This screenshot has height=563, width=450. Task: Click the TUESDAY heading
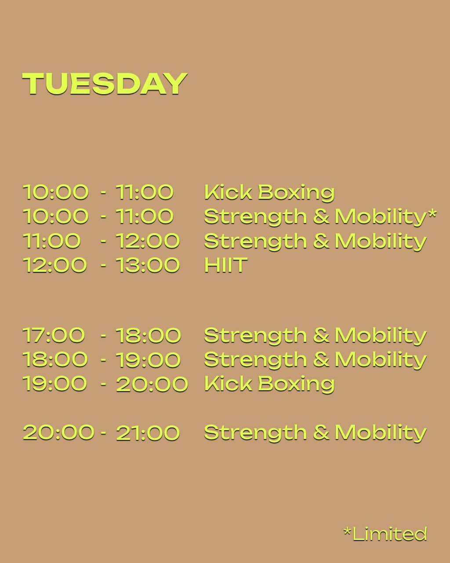coord(105,84)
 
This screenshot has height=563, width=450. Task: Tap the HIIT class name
coord(225,265)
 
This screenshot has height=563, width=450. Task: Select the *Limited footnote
coord(385,534)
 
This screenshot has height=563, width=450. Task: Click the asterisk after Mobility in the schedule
coord(431,214)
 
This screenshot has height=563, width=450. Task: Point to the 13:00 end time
coord(148,265)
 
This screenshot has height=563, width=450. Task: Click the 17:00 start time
coord(54,335)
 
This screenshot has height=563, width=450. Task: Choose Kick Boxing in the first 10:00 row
coord(269,192)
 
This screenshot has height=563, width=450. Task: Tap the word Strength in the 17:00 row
coord(255,336)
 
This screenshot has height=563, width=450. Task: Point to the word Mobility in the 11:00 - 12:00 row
coord(381,241)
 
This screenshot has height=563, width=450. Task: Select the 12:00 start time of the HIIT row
coord(54,265)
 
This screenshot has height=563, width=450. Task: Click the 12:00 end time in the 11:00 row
coord(148,241)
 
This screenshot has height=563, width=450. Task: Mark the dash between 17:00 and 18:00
coord(104,336)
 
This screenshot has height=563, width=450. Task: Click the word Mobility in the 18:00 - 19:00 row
coord(381,360)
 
